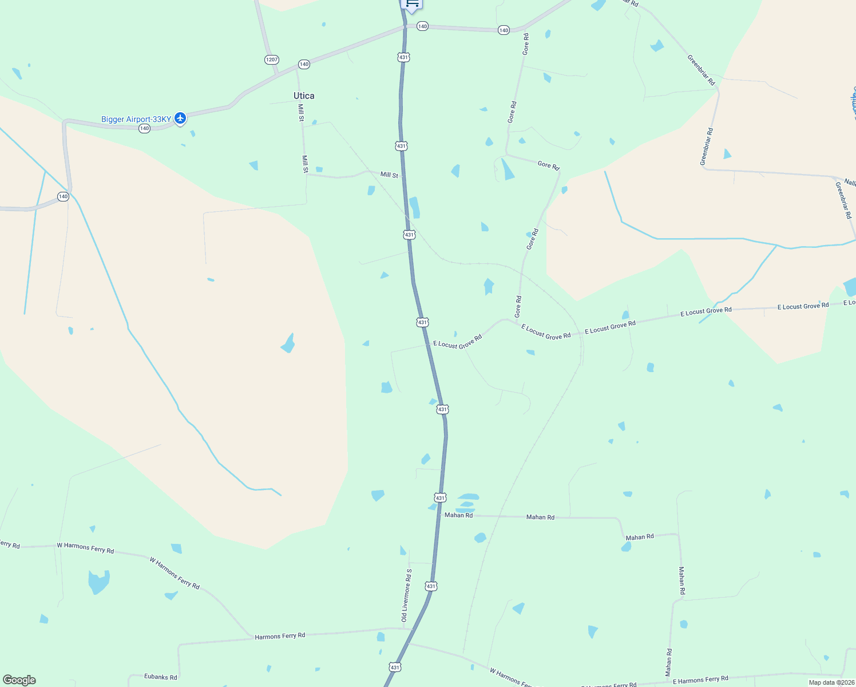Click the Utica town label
tap(304, 96)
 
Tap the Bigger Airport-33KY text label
tap(136, 119)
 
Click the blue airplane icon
tap(180, 118)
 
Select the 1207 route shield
tap(272, 60)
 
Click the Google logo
tap(19, 680)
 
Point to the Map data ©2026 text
tap(831, 682)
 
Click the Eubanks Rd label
tap(160, 677)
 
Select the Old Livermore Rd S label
tap(406, 595)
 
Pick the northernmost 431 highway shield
tap(404, 57)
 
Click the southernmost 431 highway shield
tap(395, 667)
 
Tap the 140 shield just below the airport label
tap(144, 128)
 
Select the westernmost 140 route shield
tap(63, 196)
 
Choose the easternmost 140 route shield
tap(504, 30)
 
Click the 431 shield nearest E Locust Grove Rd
tap(422, 322)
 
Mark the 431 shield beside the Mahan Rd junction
tap(440, 498)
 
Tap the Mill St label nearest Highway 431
tap(389, 175)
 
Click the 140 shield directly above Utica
tap(304, 64)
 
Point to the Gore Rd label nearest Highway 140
tap(526, 44)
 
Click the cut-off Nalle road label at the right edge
tap(850, 182)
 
